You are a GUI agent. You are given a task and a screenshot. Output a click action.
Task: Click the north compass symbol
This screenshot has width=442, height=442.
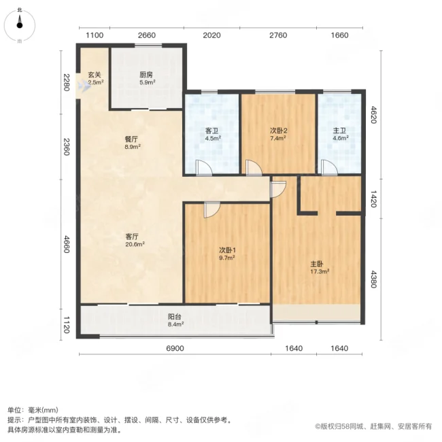[x=19, y=25]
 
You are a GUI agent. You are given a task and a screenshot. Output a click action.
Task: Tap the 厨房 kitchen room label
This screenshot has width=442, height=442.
[x=146, y=75]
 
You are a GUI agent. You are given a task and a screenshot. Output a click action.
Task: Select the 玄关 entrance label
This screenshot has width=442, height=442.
[x=95, y=75]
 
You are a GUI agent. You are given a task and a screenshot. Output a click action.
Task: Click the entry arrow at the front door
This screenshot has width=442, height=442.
[x=86, y=85]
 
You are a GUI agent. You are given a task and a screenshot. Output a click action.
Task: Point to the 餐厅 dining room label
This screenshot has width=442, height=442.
[x=131, y=139]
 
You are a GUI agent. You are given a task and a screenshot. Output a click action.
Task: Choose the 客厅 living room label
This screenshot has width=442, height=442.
[x=132, y=236]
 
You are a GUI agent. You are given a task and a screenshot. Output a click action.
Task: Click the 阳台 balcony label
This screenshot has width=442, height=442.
[x=175, y=317]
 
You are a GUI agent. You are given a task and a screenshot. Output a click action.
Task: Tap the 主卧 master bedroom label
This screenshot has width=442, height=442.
[x=317, y=264]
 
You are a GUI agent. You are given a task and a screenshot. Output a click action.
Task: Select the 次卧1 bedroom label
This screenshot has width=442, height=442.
[x=227, y=250]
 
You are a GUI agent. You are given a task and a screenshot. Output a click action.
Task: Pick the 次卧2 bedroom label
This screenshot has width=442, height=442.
[x=278, y=131]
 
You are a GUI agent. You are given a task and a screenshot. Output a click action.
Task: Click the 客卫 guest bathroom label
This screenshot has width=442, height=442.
[x=212, y=131]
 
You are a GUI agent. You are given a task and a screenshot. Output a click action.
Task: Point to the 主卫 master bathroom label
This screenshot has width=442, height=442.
[x=339, y=131]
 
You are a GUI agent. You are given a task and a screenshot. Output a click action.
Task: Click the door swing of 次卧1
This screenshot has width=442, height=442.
[x=212, y=210]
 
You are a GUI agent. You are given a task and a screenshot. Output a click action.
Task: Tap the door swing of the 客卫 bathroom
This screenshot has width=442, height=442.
[x=204, y=167]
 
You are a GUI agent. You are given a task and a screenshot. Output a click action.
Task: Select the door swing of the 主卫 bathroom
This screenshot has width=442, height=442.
[x=329, y=167]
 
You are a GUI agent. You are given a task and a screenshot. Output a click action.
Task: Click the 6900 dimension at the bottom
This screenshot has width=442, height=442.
[x=175, y=348]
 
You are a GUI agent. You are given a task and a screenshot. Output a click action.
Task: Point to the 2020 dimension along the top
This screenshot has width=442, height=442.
[x=211, y=35]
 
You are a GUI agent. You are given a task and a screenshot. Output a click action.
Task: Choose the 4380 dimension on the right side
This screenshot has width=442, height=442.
[x=373, y=279]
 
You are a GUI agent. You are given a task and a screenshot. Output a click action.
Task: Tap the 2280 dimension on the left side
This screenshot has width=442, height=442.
[x=66, y=82]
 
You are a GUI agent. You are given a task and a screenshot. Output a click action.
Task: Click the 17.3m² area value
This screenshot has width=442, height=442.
[x=320, y=272]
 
